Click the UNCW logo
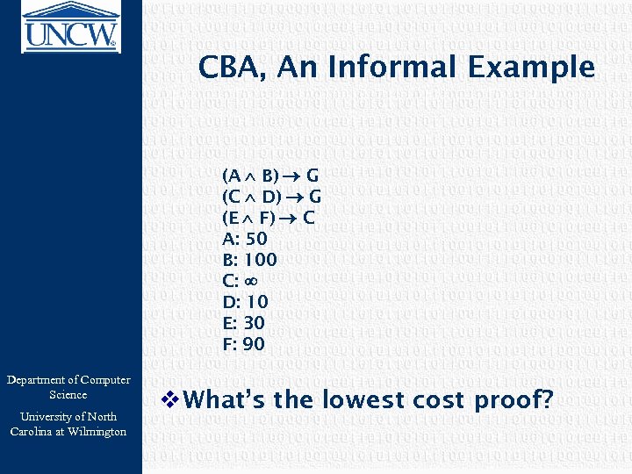point(70,24)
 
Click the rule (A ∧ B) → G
point(271,175)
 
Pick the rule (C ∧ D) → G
point(271,196)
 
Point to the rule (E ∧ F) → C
point(269,217)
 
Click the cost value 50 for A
point(256,239)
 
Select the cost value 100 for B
point(261,260)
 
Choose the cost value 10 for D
point(256,302)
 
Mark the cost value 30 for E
point(255,323)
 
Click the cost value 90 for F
point(254,344)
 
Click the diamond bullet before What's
point(171,400)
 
